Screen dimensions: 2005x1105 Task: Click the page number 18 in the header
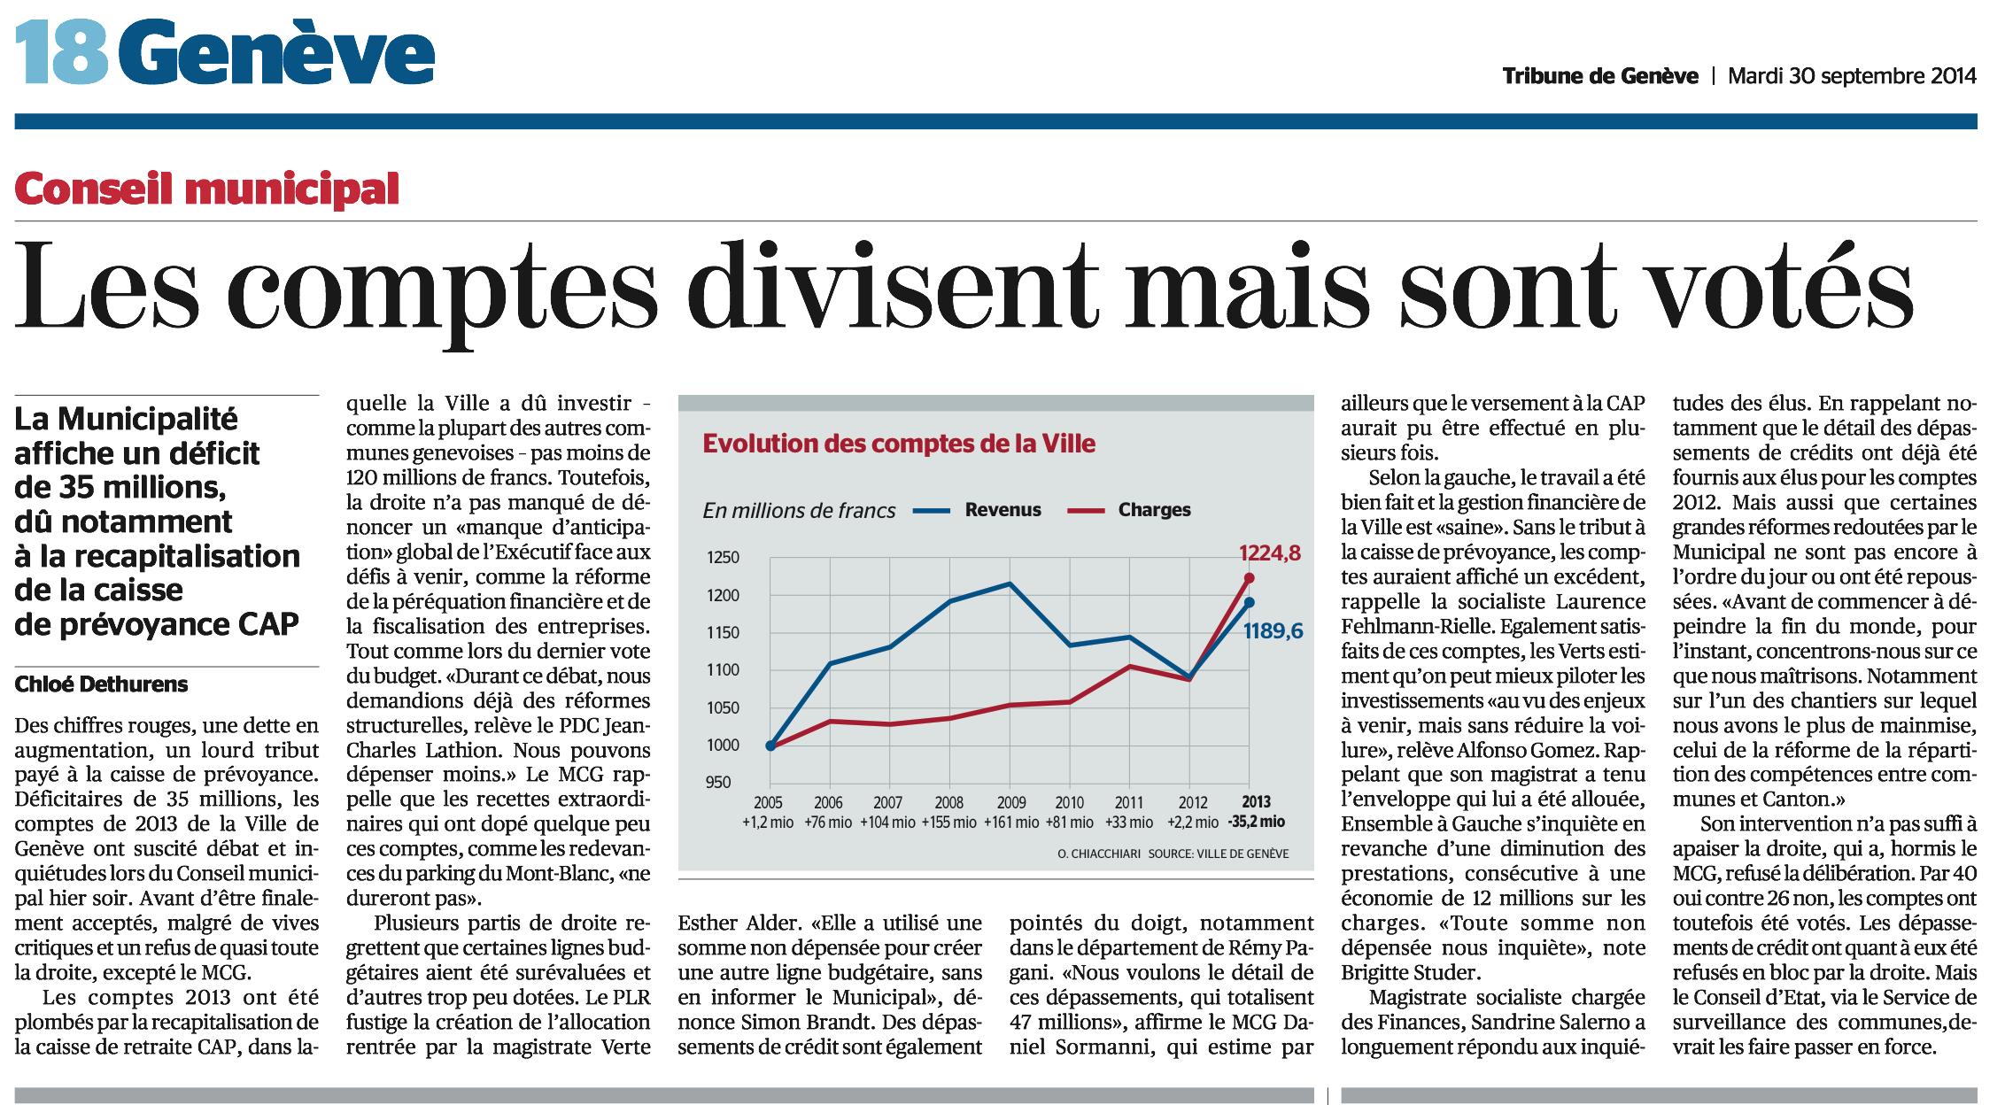pos(62,52)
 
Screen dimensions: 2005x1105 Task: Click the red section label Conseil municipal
pos(207,189)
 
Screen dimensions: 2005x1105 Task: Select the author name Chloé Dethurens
pos(101,684)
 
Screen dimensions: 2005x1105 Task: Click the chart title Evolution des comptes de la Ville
pos(899,444)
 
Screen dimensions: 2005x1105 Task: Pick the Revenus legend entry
pos(977,510)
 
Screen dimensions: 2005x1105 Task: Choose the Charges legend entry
pos(1129,510)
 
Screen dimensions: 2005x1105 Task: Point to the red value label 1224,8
pos(1270,553)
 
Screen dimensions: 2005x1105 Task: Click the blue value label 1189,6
pos(1273,631)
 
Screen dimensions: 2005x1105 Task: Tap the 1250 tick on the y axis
pos(723,558)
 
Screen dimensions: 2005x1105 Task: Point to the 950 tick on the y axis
pos(718,783)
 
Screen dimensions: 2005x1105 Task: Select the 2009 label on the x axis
pos(1011,803)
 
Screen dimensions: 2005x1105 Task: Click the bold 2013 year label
pos(1256,803)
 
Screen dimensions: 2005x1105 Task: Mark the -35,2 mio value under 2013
pos(1256,823)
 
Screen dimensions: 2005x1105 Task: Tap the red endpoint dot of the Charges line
pos(1249,578)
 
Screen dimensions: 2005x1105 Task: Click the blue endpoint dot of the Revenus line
pos(1249,603)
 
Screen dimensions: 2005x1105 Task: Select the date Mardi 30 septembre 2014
pos(1852,76)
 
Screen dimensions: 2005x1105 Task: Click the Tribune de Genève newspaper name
pos(1600,76)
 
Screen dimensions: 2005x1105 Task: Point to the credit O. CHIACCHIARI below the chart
pos(1099,854)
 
